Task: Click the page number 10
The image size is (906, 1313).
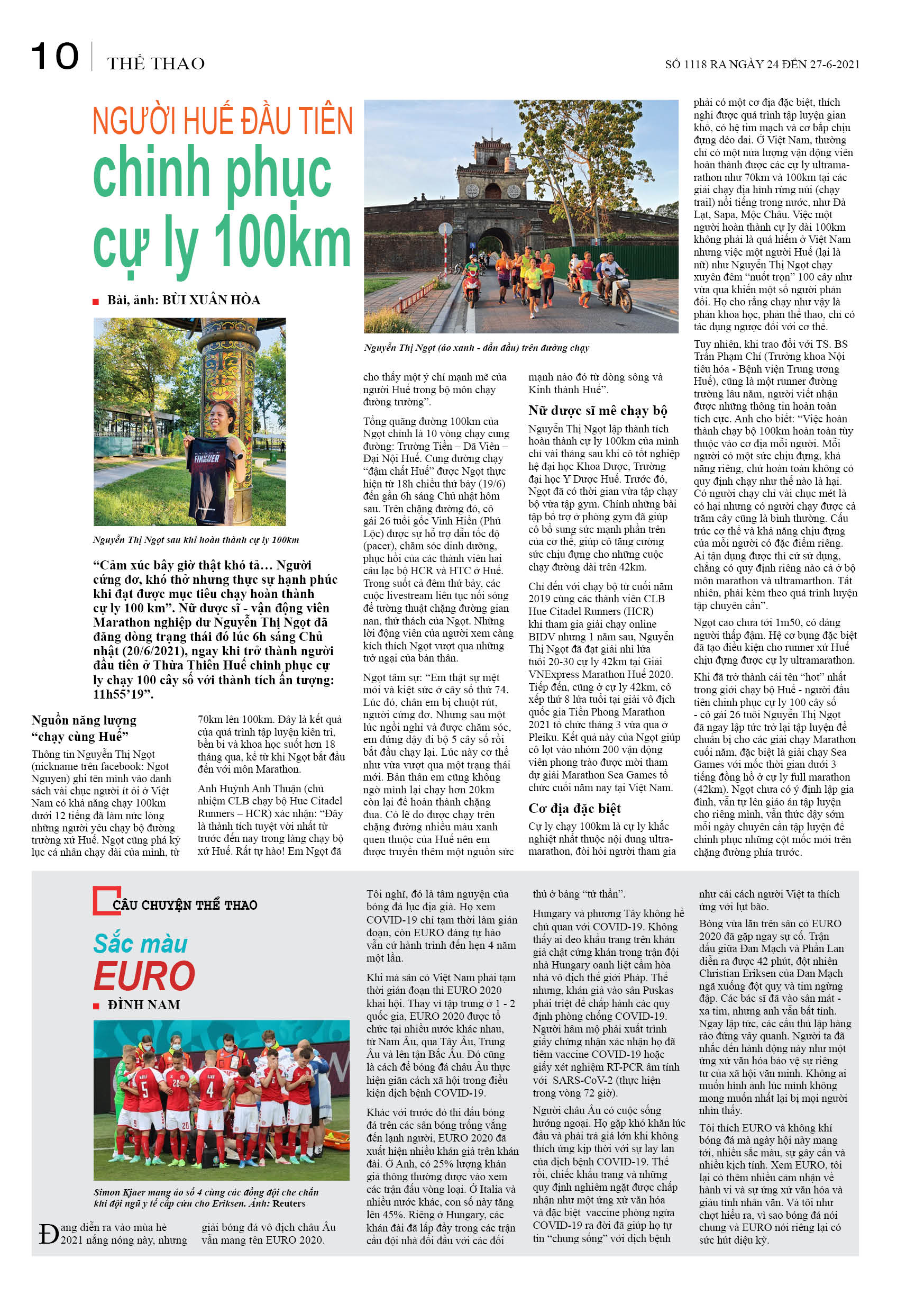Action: (54, 57)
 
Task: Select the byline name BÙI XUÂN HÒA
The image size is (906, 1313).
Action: (211, 300)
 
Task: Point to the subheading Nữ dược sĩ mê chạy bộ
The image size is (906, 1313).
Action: (597, 411)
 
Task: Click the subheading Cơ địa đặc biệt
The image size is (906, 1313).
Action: (574, 808)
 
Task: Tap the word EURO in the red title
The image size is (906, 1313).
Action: (144, 976)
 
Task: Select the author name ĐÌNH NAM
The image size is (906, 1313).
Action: (144, 1004)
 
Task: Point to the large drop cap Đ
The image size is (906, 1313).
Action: (48, 1234)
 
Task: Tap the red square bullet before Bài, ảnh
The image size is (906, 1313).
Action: (96, 301)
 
